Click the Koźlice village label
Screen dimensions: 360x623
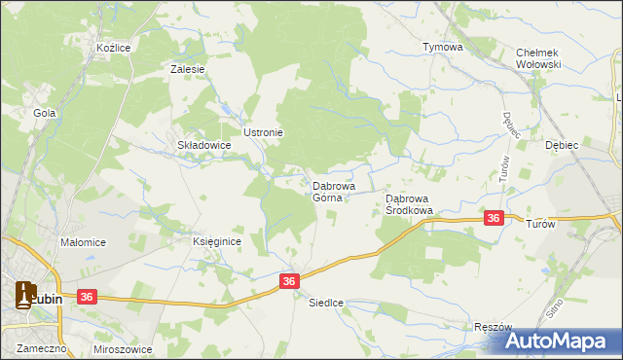click(114, 47)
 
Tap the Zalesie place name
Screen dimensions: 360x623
click(187, 69)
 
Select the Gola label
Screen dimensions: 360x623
click(44, 113)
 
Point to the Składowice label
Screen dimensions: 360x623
click(203, 145)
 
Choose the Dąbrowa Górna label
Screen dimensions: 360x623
click(334, 191)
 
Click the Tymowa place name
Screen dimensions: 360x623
click(442, 47)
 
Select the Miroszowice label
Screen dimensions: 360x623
click(121, 347)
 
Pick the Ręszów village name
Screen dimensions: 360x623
click(492, 328)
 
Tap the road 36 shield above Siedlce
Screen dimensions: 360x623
click(289, 280)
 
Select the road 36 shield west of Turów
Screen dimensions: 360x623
click(495, 219)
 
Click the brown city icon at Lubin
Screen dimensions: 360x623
click(26, 294)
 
